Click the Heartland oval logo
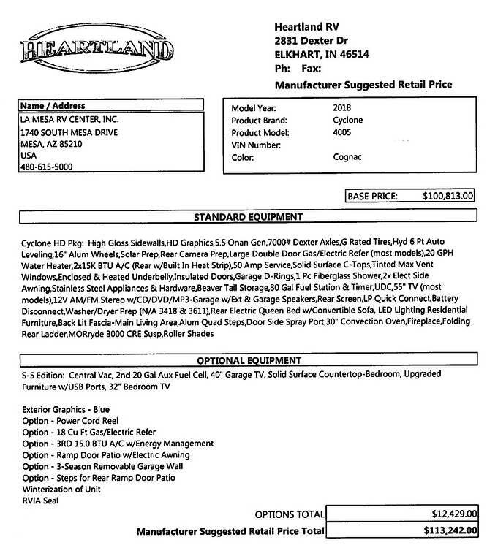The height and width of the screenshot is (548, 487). [96, 50]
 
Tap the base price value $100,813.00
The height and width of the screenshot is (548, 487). [449, 196]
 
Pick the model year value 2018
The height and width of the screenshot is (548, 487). [343, 107]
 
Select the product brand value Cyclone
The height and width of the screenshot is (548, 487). [347, 120]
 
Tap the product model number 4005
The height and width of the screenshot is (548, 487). [341, 132]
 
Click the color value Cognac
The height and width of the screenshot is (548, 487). [348, 157]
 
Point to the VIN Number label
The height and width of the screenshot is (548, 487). [257, 145]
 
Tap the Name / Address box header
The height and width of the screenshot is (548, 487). [53, 106]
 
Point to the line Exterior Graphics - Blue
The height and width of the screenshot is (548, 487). [66, 410]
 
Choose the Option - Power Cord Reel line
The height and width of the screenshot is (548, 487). [70, 421]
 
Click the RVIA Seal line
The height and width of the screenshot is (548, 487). [39, 500]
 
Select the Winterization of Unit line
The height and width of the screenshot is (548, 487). [61, 488]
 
